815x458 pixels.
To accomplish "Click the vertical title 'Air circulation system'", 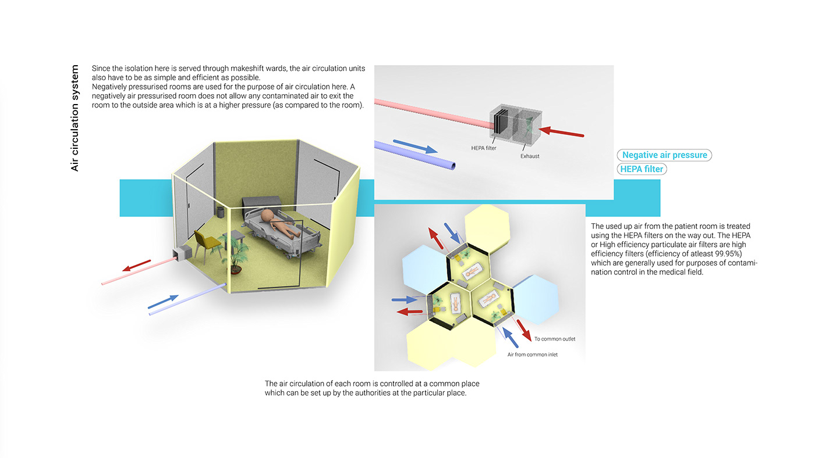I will coord(75,118).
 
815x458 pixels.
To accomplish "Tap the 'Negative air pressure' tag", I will coord(664,155).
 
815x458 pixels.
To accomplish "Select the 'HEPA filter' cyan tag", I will coord(642,169).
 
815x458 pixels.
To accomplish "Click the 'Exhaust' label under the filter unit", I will coord(530,156).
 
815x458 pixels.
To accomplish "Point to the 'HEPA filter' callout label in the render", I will coord(484,148).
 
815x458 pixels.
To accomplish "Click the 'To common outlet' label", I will coord(554,339).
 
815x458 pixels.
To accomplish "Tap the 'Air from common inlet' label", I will coord(532,354).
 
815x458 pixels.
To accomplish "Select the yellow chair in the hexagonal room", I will coord(204,244).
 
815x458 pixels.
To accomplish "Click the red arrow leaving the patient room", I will coord(136,266).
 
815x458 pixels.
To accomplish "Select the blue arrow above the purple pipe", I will coord(415,146).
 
